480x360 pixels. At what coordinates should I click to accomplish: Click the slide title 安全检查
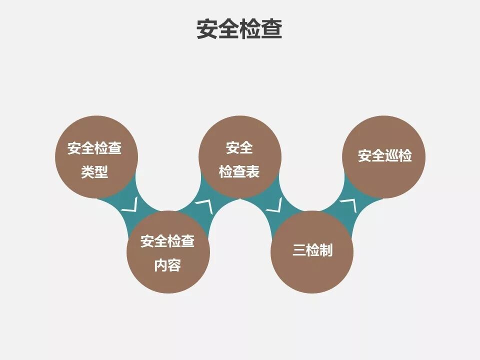(239, 29)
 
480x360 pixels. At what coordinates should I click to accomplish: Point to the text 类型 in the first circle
(95, 172)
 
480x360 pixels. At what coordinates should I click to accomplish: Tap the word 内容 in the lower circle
(167, 265)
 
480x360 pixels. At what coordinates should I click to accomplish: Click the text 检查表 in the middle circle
(239, 172)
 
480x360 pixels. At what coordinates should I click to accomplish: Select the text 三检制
(312, 250)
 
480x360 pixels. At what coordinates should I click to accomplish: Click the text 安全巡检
(384, 156)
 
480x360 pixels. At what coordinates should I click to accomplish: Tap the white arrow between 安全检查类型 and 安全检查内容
(130, 205)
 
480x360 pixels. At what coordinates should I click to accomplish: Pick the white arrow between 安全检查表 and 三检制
(274, 205)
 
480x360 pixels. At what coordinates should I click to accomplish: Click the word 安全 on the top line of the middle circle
(239, 148)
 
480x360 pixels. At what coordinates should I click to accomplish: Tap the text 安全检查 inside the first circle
(95, 148)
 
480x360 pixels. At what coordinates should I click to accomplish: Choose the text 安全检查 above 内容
(167, 241)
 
